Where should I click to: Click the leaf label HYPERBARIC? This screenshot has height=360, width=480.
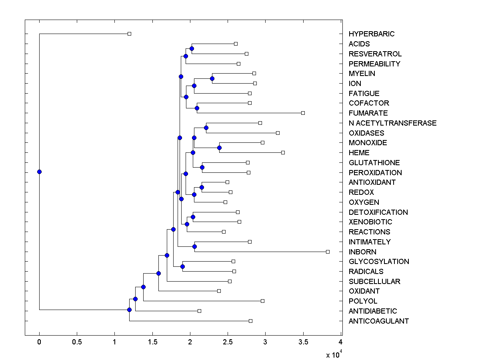[x=371, y=34]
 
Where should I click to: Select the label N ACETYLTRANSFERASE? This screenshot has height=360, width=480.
[x=392, y=123]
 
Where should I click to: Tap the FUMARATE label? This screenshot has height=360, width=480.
[x=368, y=113]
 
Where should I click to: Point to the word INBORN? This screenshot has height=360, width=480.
[x=362, y=252]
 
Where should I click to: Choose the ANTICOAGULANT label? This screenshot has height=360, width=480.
[x=378, y=321]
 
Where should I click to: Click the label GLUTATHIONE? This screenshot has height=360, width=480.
[x=374, y=163]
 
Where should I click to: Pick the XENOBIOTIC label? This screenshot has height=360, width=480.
[x=370, y=222]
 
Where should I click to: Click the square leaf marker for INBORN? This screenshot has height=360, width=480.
[x=328, y=252]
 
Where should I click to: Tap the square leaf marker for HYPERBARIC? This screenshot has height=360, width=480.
[x=129, y=34]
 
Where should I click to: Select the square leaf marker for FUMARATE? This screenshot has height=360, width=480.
[x=303, y=113]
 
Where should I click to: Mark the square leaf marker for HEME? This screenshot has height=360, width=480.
[x=283, y=152]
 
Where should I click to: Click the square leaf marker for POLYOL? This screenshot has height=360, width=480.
[x=262, y=301]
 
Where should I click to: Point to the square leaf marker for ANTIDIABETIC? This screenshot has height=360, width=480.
[x=199, y=311]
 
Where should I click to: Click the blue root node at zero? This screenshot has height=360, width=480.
[x=39, y=172]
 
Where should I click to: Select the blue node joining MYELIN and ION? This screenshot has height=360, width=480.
[x=212, y=78]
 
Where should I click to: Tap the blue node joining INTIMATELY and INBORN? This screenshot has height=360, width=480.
[x=194, y=246]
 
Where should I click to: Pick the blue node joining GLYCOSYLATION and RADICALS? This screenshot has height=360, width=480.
[x=182, y=266]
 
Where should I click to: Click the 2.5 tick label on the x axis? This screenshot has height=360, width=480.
[x=228, y=342]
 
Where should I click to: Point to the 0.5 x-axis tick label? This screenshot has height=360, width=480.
[x=77, y=342]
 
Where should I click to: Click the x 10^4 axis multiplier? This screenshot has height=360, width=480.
[x=333, y=354]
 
